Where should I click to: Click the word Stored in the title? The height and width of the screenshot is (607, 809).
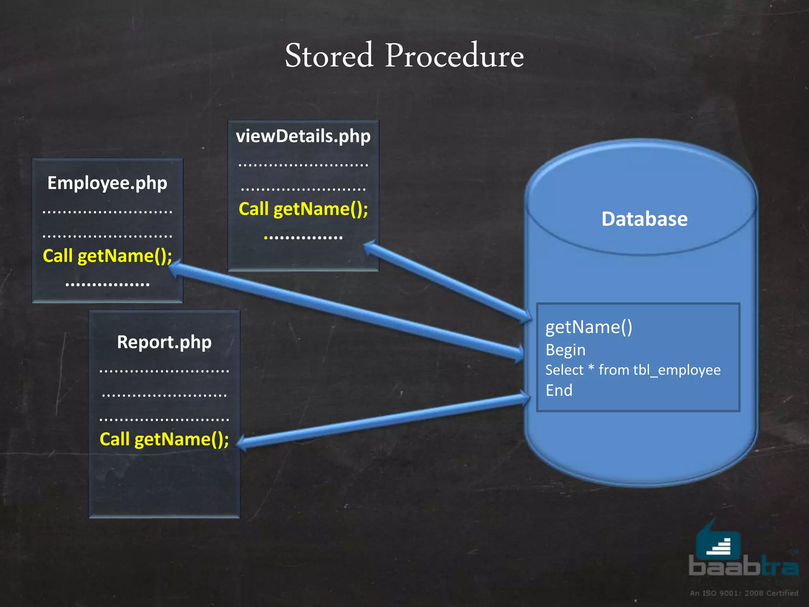point(329,56)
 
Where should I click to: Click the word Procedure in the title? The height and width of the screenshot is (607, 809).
point(454,56)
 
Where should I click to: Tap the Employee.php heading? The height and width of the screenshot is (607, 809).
point(107,183)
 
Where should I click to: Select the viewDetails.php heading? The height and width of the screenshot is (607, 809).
point(303,136)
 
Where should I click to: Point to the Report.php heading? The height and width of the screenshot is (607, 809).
point(164,342)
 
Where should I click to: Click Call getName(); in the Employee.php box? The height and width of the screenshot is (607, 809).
point(107,256)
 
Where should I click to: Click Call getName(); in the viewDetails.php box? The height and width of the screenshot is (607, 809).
point(303,209)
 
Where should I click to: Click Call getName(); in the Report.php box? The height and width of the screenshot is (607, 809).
point(164,439)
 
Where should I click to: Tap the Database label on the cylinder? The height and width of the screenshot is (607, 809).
point(644,219)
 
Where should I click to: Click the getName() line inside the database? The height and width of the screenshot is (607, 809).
point(589,327)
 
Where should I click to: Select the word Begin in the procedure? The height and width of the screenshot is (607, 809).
point(565,350)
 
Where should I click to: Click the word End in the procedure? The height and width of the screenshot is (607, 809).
point(559,390)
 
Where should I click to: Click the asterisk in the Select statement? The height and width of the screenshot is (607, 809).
point(591,368)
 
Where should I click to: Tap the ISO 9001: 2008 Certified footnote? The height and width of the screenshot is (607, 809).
point(744,593)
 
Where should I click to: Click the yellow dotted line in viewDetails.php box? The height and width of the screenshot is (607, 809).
point(303,238)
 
